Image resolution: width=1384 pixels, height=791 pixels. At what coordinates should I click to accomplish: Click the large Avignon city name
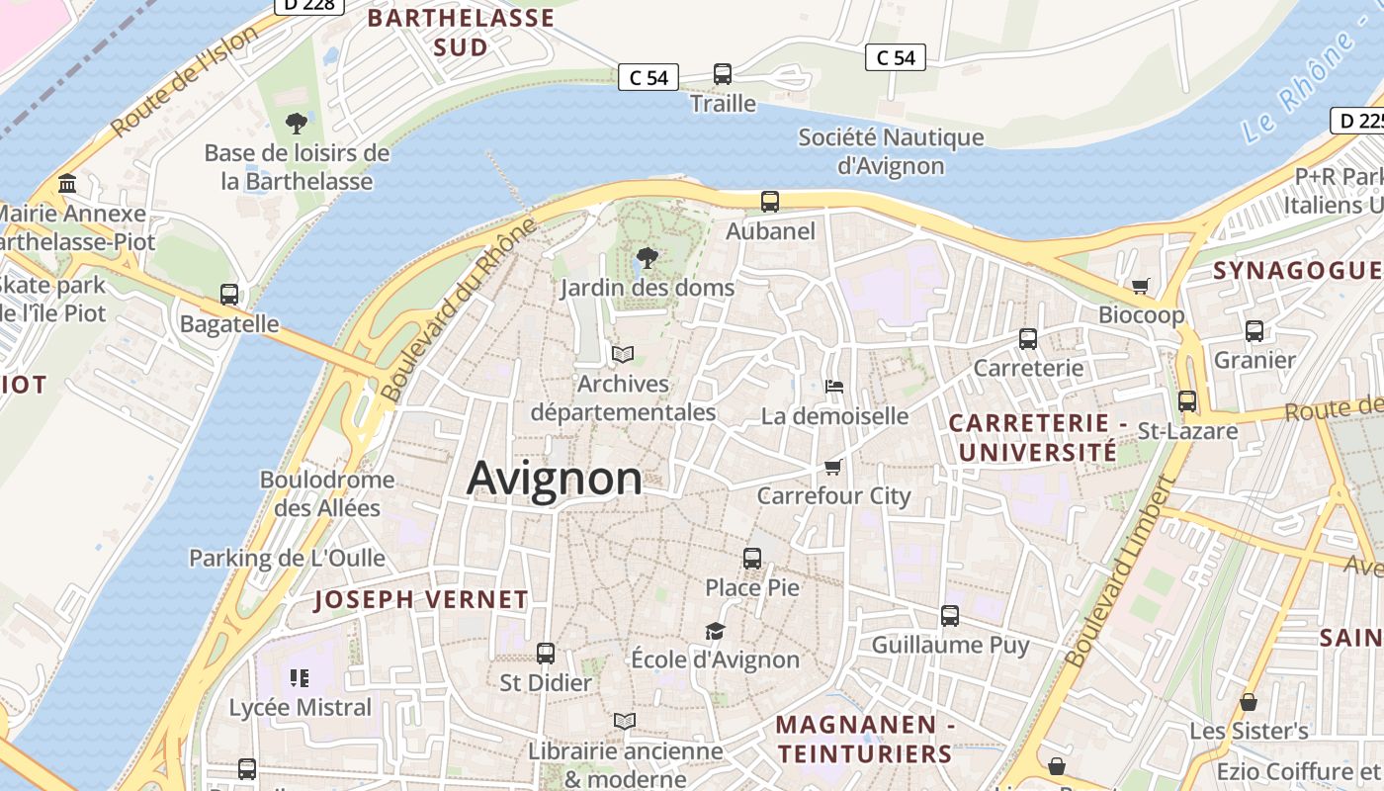tap(554, 479)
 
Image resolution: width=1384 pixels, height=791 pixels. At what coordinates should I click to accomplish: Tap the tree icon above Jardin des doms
tap(648, 259)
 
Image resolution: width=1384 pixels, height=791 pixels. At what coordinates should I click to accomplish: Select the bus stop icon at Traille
tap(723, 74)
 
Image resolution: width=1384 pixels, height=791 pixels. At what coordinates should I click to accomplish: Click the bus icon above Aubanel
tap(770, 202)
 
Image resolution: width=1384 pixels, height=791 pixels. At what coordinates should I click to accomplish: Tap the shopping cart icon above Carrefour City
tap(833, 467)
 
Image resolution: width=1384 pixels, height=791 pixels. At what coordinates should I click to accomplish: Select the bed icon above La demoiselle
tap(834, 387)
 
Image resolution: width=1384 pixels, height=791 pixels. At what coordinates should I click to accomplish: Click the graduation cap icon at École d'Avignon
tap(715, 631)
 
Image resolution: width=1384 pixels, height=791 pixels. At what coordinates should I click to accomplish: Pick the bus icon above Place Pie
tap(752, 558)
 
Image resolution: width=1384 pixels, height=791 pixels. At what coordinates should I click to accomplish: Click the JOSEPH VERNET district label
tap(421, 599)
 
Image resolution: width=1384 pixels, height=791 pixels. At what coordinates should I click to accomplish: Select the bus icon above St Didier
tap(545, 653)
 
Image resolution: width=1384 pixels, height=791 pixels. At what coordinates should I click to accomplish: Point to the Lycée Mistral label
tap(301, 708)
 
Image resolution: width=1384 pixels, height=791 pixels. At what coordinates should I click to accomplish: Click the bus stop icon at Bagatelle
tap(229, 295)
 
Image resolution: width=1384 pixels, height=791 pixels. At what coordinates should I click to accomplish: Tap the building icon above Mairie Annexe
tap(68, 184)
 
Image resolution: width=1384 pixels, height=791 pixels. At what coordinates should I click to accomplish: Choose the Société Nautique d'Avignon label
tap(891, 151)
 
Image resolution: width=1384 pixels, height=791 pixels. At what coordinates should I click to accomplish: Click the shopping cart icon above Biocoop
tap(1141, 286)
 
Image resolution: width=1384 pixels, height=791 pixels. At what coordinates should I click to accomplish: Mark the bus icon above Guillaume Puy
tap(950, 616)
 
